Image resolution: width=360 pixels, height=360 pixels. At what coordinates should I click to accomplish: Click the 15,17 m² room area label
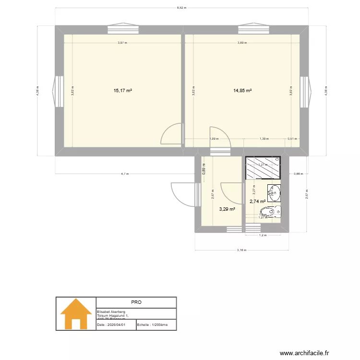point(123,90)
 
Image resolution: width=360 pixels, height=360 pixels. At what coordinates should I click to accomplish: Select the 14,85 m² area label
point(242,90)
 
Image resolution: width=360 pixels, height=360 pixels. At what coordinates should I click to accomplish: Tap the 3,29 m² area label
point(227,209)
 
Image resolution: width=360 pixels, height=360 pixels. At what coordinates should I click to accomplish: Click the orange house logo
point(76,313)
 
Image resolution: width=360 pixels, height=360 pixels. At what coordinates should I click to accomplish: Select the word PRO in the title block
point(136,302)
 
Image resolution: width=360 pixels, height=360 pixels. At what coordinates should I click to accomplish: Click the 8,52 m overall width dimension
point(181,8)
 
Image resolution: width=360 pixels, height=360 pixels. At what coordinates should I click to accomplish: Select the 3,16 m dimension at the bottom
point(242,250)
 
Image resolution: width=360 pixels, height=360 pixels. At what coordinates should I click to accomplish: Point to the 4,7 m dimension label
point(124,174)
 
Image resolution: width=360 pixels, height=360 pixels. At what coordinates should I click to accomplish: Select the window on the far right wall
point(305,91)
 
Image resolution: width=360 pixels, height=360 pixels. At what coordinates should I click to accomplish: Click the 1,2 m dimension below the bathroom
point(262,235)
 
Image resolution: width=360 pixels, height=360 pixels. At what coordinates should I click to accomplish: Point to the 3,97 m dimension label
point(122,43)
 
